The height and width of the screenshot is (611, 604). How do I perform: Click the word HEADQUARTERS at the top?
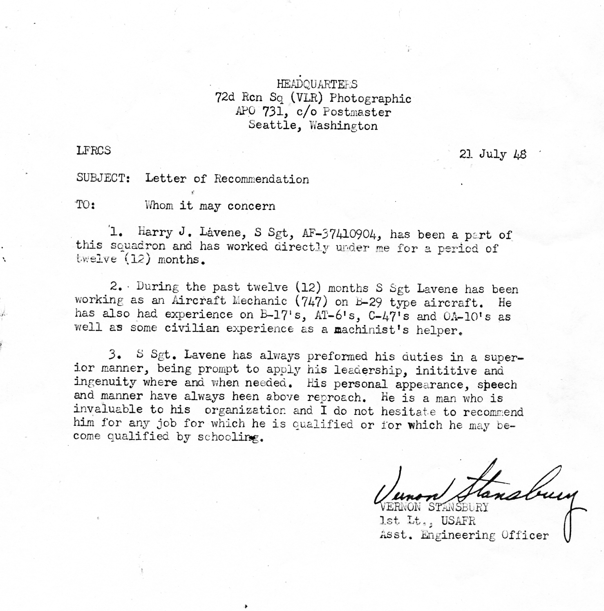point(317,84)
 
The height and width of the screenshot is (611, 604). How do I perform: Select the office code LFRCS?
point(93,150)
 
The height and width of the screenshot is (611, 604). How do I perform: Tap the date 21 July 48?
point(492,154)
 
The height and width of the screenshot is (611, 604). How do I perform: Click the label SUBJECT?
point(103,178)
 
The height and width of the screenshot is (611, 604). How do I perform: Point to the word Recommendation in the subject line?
point(262,179)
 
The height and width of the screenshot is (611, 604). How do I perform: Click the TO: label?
point(85,205)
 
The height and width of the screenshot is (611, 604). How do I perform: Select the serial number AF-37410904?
point(342,233)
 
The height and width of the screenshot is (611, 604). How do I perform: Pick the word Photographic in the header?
point(370,98)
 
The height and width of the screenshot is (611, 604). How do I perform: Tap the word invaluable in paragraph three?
point(108,410)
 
